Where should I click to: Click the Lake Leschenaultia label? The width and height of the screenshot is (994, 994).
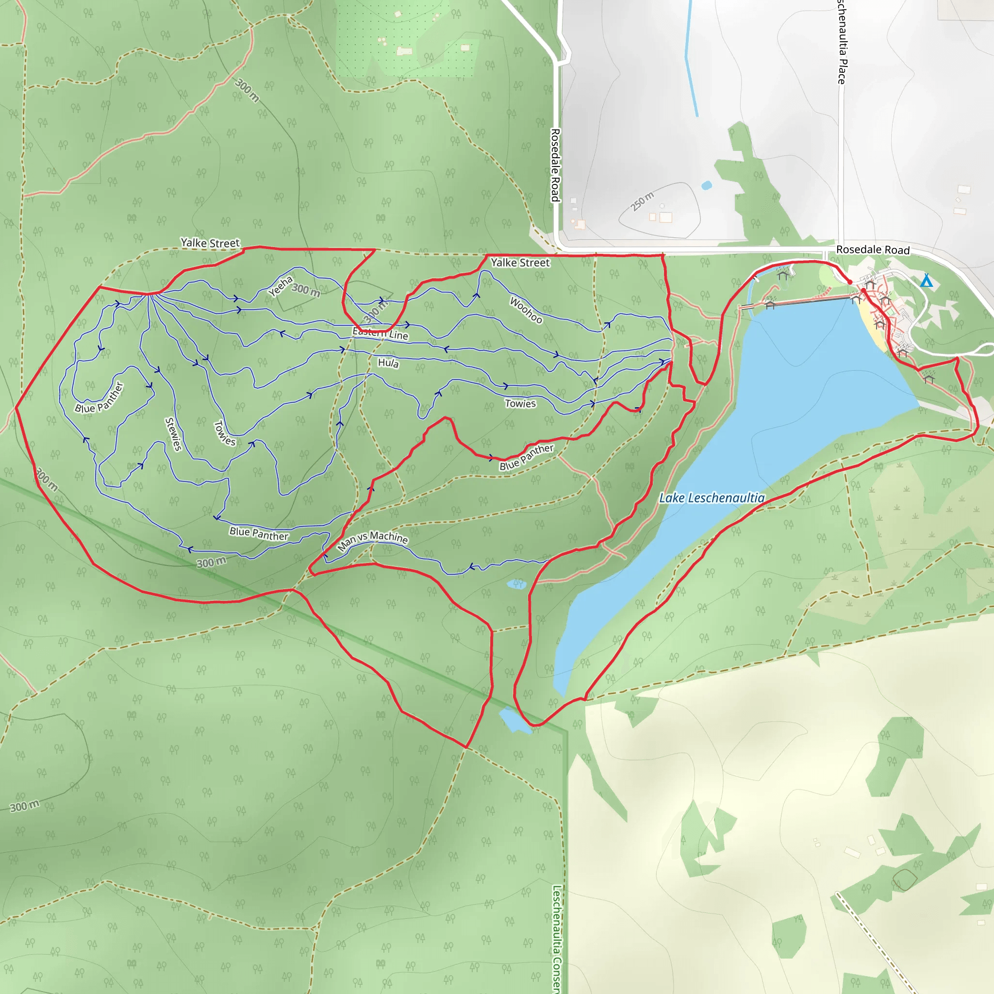point(712,498)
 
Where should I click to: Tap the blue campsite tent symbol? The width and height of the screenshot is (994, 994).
point(926,281)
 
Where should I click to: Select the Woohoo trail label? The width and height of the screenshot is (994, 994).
point(526,310)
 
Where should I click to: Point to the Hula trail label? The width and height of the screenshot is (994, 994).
point(388,363)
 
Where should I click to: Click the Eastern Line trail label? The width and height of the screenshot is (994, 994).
point(380,333)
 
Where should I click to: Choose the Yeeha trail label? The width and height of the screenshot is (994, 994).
point(281,286)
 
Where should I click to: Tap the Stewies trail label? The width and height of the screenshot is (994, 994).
point(173,434)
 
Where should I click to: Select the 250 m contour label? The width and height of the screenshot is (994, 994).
point(643,201)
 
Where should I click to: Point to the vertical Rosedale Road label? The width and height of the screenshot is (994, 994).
point(555,165)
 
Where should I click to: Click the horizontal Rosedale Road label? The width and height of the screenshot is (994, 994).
point(873,249)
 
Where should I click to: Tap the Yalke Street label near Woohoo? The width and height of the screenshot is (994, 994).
point(520,263)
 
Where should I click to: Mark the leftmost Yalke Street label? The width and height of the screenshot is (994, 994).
point(210,243)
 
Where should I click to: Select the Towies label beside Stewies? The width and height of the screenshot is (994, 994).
point(224,433)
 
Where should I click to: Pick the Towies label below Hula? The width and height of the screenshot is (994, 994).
point(520,403)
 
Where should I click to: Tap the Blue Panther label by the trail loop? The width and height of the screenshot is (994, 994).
point(99,398)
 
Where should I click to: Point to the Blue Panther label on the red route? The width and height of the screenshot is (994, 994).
point(526,457)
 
